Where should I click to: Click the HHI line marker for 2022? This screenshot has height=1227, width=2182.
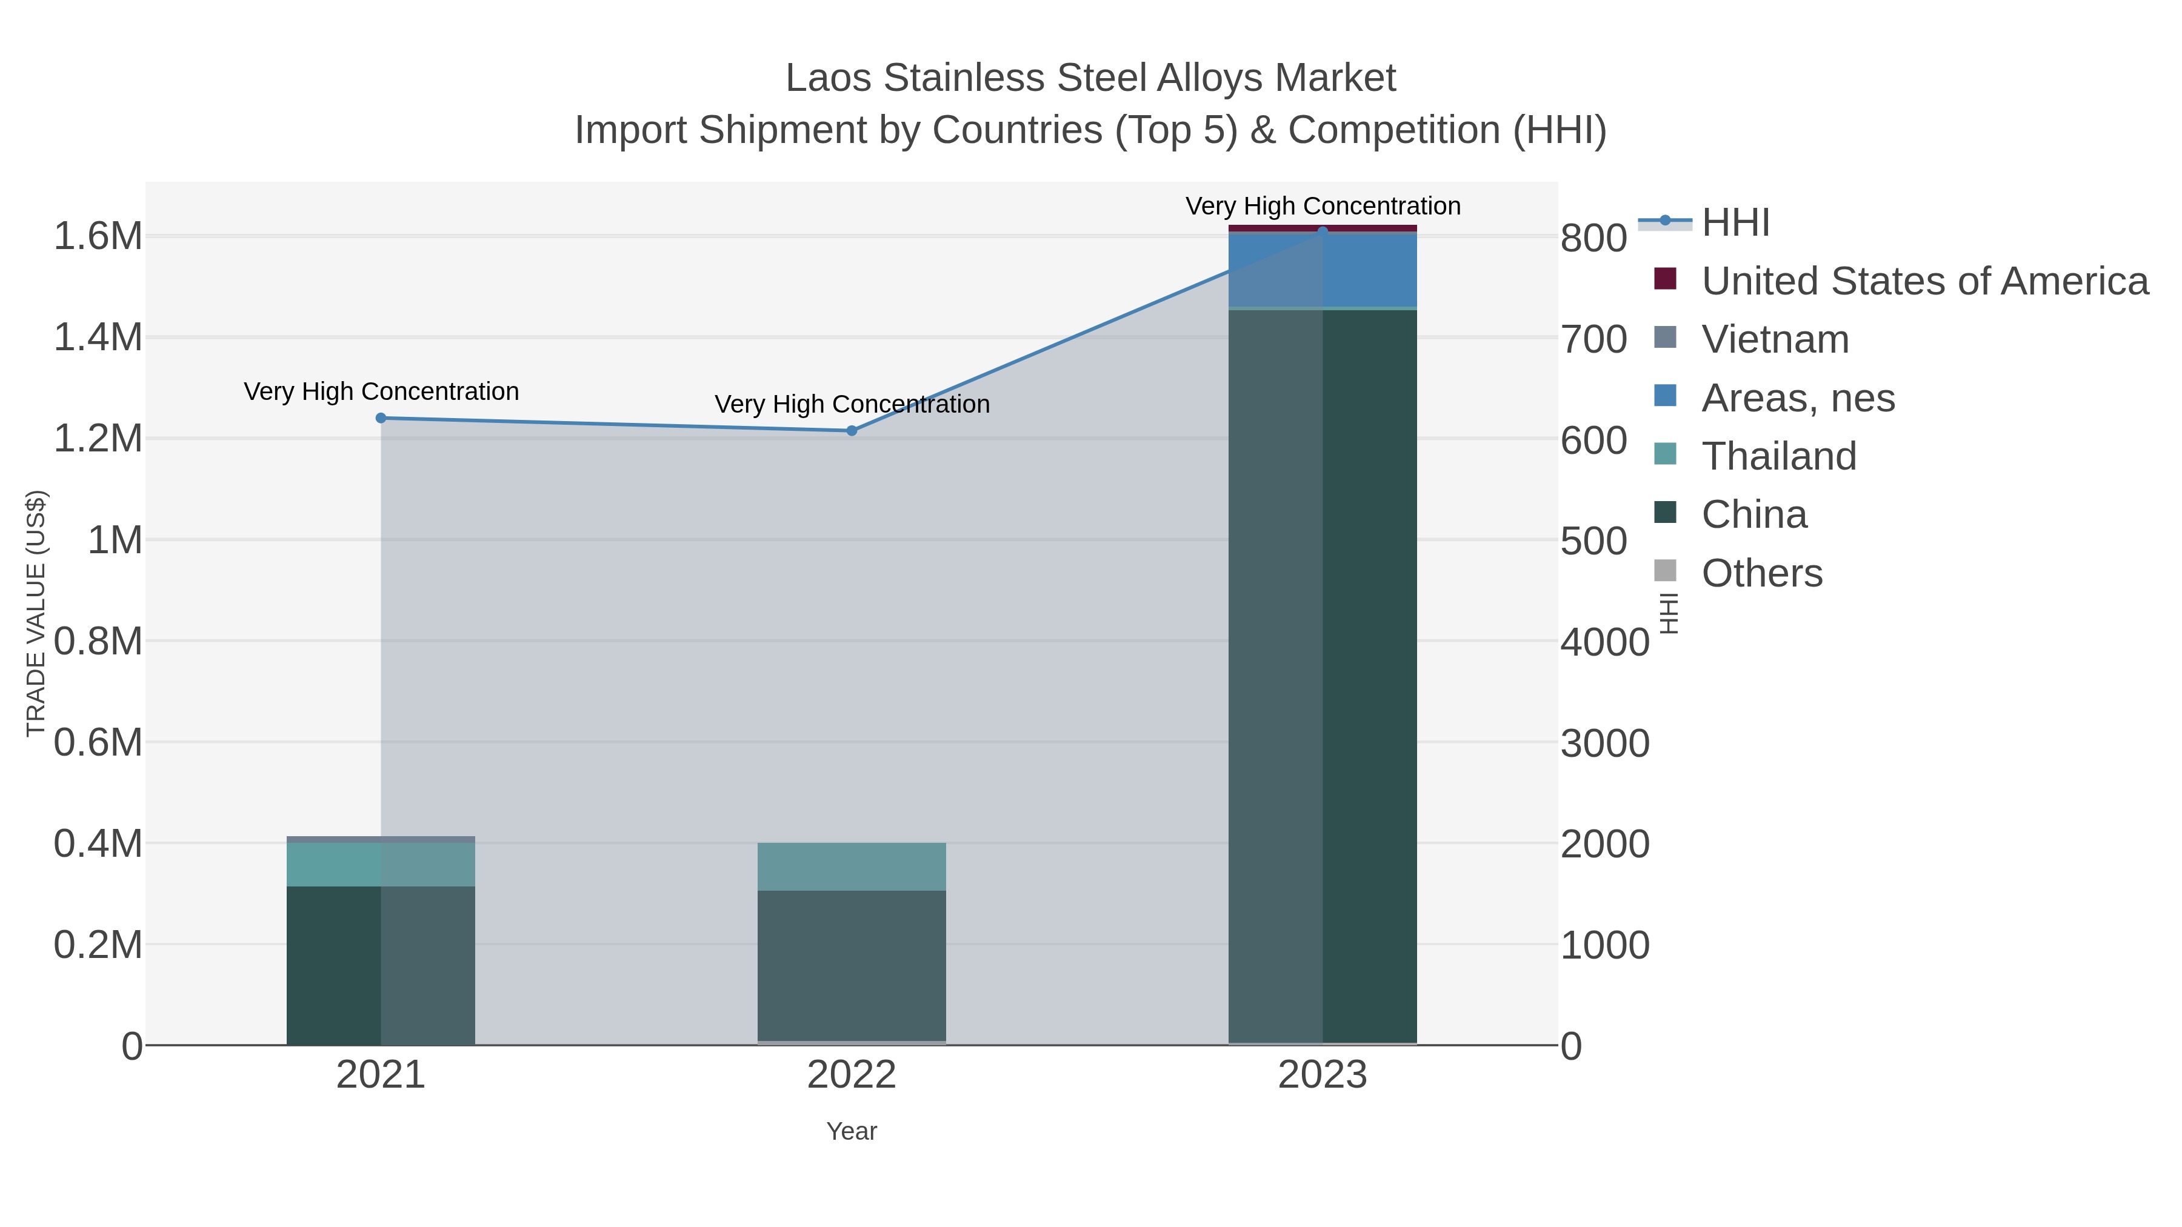pos(852,430)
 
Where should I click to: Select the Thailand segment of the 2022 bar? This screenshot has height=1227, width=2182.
pos(852,866)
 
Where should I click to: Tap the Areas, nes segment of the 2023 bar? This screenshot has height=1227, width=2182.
pos(1323,269)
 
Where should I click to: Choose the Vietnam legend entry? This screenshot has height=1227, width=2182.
pos(1775,339)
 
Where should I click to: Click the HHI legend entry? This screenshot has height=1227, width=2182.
pos(1735,223)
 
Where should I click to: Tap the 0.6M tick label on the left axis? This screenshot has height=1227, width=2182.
pos(98,743)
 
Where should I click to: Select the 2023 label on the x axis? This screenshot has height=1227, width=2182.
pos(1323,1076)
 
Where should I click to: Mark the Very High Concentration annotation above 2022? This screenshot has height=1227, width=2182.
pos(852,404)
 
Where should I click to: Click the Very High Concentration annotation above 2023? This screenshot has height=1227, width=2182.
pos(1323,206)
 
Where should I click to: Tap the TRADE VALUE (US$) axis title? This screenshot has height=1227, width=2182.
pos(36,613)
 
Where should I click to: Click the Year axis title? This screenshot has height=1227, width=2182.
pos(852,1131)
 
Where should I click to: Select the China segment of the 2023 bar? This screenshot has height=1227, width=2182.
pos(1323,677)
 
